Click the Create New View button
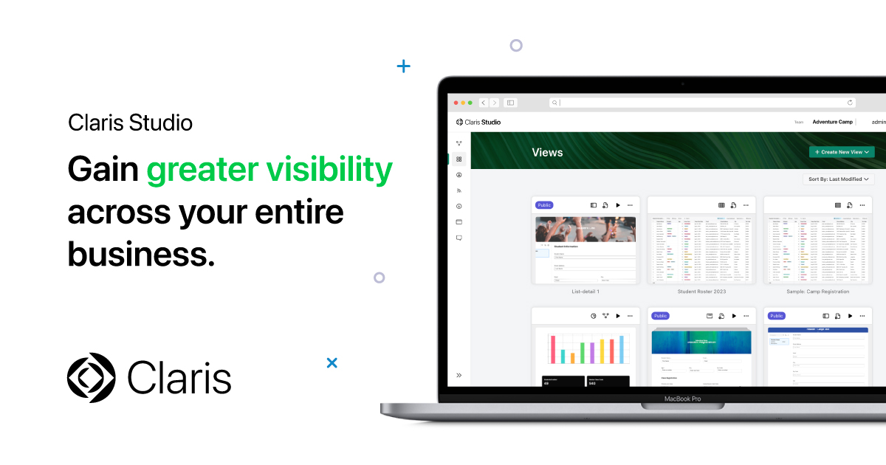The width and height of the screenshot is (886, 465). [842, 152]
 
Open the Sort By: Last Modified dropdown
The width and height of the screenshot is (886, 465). [838, 179]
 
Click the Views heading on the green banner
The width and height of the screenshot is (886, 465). [547, 153]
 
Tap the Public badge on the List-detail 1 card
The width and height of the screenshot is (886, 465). [544, 205]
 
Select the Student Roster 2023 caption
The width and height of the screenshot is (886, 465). [701, 292]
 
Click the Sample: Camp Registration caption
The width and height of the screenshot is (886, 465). [817, 292]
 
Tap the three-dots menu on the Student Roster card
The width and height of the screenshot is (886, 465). [746, 205]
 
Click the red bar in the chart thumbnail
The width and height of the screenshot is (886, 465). [552, 349]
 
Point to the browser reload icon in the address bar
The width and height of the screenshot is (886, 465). [851, 103]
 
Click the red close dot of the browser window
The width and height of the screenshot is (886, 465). [456, 103]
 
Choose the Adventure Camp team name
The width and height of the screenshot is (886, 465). [832, 122]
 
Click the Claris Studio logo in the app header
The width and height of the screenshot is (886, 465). [478, 122]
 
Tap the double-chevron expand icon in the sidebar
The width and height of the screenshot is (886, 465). [459, 375]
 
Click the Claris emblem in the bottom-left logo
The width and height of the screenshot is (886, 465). [92, 378]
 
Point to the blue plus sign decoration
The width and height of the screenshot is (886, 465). [403, 66]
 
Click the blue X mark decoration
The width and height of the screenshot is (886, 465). [332, 362]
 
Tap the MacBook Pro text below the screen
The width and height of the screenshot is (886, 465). [682, 399]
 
